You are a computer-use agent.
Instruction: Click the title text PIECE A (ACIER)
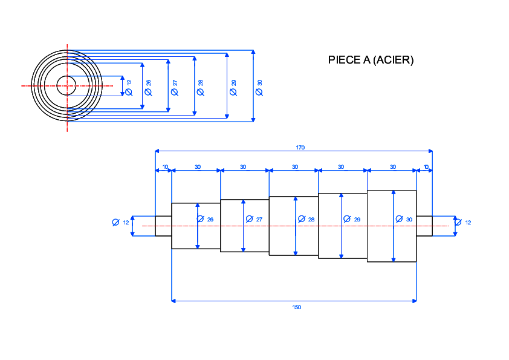[x=371, y=60]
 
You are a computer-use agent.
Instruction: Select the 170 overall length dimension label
[x=300, y=148]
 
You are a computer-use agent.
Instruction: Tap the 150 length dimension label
[x=297, y=307]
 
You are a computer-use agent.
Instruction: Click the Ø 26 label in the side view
[x=205, y=219]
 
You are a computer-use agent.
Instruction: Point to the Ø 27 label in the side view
[x=254, y=219]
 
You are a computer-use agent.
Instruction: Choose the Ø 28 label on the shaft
[x=306, y=219]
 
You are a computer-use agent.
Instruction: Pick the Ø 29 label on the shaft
[x=352, y=219]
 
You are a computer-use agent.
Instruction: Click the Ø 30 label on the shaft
[x=404, y=219]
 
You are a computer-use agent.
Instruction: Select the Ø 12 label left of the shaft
[x=120, y=223]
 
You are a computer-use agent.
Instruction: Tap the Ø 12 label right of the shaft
[x=463, y=223]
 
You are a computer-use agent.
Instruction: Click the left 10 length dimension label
[x=165, y=167]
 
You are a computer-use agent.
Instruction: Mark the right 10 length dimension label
[x=426, y=167]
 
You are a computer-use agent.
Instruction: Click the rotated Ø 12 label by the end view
[x=129, y=88]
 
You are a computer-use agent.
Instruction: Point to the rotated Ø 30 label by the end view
[x=259, y=88]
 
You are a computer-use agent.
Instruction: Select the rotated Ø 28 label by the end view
[x=201, y=88]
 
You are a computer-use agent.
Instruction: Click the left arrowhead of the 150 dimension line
[x=173, y=301]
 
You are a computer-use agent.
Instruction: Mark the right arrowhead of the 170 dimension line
[x=430, y=151]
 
